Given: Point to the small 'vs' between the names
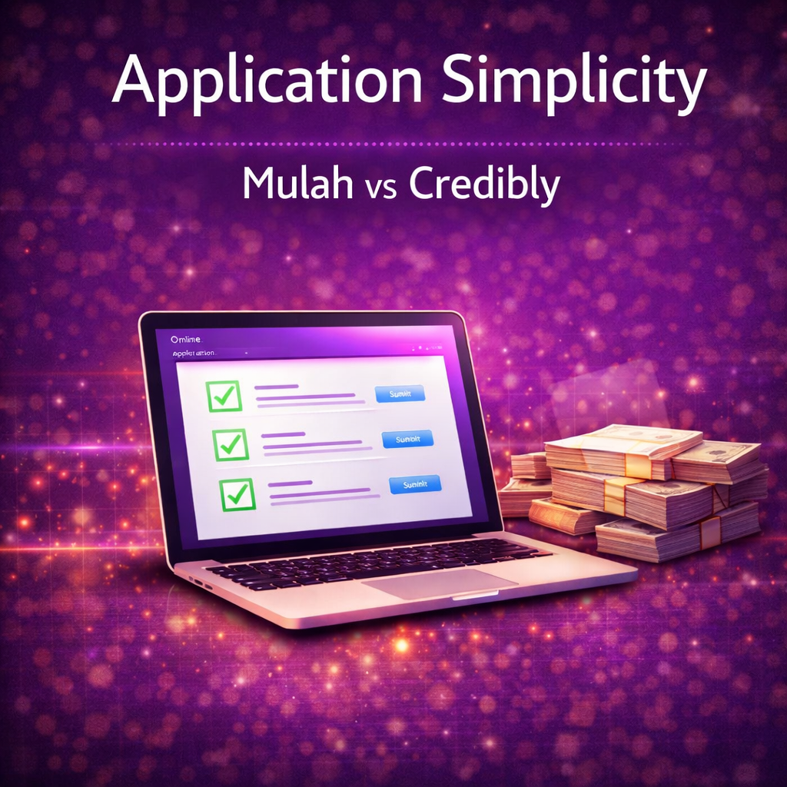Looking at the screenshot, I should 380,189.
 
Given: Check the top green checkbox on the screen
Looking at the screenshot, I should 224,396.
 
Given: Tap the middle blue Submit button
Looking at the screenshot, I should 407,439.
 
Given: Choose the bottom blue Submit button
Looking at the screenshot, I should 415,484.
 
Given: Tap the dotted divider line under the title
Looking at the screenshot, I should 393,144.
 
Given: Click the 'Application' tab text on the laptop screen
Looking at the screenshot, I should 194,353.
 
